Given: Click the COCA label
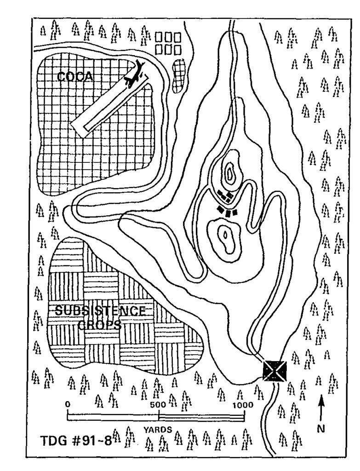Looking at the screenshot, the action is [75, 77].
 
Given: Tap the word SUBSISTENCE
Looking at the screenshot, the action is [101, 310].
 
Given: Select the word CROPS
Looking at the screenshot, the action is [100, 325].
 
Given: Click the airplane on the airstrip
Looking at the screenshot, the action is [135, 74].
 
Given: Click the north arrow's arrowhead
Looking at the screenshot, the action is [321, 399].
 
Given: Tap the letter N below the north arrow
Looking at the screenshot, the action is [321, 429].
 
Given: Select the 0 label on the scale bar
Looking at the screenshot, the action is [68, 404].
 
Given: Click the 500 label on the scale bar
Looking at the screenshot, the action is [158, 404].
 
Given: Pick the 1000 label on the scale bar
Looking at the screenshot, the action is [243, 405].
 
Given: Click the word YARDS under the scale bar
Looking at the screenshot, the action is [158, 430].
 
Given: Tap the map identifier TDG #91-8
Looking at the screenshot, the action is [76, 441].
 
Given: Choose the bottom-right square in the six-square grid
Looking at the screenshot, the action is [178, 50].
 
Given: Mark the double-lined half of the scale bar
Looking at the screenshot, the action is [201, 418].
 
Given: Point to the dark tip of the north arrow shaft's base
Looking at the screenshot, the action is [320, 420].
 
